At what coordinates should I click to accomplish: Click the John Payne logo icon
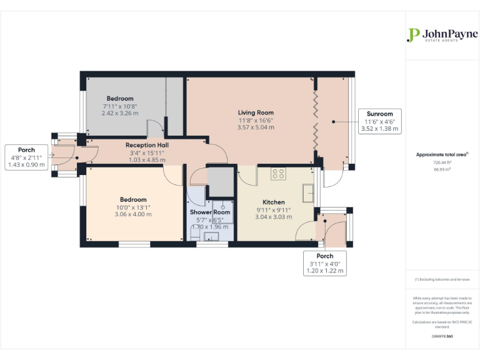pyautogui.click(x=412, y=35)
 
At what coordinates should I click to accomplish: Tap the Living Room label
pyautogui.click(x=256, y=112)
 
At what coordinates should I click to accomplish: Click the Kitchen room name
pyautogui.click(x=273, y=202)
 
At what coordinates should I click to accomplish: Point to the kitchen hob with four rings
pyautogui.click(x=278, y=174)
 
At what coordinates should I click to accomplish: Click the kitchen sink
pyautogui.click(x=307, y=194)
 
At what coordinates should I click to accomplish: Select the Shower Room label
pyautogui.click(x=210, y=212)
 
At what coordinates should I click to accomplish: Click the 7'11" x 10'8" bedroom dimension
pyautogui.click(x=119, y=106)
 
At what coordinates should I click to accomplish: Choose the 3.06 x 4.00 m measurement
pyautogui.click(x=133, y=214)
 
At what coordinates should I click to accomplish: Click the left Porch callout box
pyautogui.click(x=26, y=157)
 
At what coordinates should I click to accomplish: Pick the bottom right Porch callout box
pyautogui.click(x=324, y=264)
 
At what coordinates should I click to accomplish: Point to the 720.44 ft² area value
pyautogui.click(x=442, y=162)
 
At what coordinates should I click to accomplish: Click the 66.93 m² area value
pyautogui.click(x=442, y=168)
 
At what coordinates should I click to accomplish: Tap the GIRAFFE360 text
pyautogui.click(x=442, y=336)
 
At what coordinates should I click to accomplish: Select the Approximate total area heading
pyautogui.click(x=442, y=154)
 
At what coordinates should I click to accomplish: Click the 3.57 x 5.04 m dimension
pyautogui.click(x=256, y=127)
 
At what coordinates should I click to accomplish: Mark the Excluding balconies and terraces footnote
pyautogui.click(x=442, y=279)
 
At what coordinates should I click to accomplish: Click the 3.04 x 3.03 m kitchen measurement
pyautogui.click(x=273, y=217)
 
